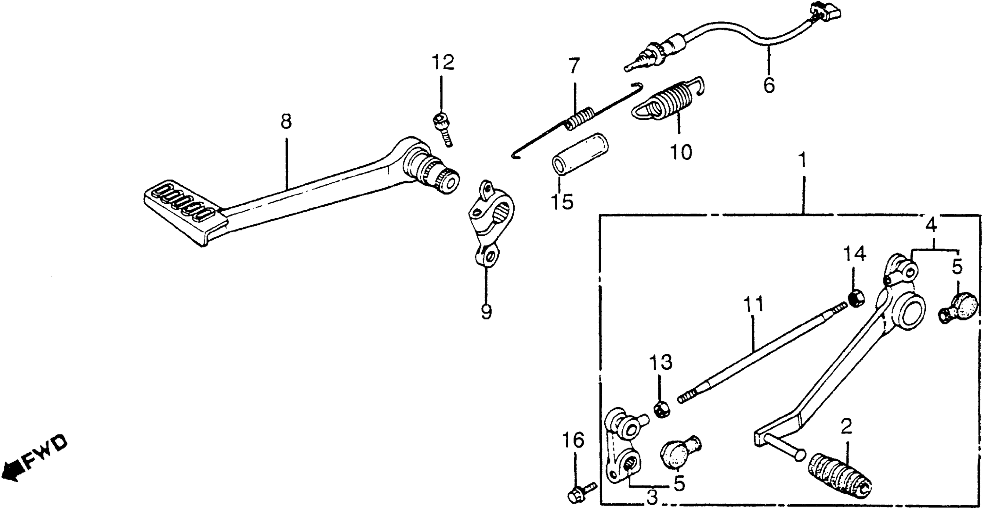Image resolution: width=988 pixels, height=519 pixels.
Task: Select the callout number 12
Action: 443,63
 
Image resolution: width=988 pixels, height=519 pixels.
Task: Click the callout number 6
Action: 769,85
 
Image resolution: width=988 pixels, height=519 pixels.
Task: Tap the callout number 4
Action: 931,226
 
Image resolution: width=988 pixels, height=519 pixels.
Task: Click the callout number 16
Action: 574,440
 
